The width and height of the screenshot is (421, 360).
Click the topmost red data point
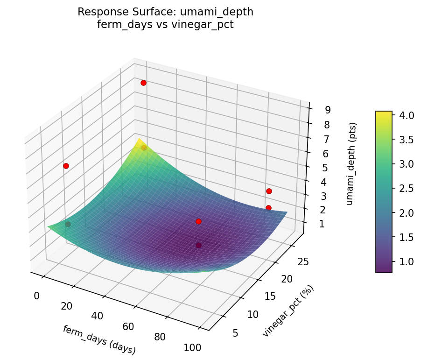click(x=143, y=83)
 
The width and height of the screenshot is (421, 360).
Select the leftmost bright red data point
click(x=66, y=166)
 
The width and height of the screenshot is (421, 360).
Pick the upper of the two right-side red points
click(x=269, y=191)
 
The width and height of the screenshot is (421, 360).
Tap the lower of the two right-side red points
click(x=268, y=208)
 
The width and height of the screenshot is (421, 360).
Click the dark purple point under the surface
click(x=198, y=245)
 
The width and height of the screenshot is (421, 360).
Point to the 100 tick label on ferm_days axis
click(x=192, y=347)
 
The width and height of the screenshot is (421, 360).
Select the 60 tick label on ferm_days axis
click(x=128, y=326)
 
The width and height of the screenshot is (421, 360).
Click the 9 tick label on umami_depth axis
click(x=328, y=110)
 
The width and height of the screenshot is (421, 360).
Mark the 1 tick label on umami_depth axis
click(x=322, y=225)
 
